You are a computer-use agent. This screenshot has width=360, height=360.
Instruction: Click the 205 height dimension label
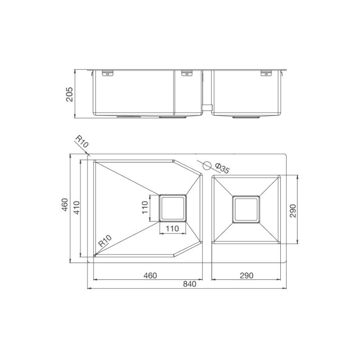tap(69, 94)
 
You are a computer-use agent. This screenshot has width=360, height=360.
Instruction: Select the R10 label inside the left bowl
tap(105, 242)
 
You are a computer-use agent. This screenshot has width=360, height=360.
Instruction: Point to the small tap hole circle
tap(207, 164)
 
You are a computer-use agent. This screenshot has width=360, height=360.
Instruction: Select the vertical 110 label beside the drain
tap(145, 208)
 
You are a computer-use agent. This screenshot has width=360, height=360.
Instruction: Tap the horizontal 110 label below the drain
tap(172, 229)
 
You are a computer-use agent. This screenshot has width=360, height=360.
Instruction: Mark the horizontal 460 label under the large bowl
tap(150, 275)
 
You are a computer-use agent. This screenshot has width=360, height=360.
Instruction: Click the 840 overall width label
tap(190, 284)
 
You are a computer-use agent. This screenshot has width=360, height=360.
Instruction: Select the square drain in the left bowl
tap(173, 208)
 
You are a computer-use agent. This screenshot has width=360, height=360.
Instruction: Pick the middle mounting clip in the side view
tap(186, 73)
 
